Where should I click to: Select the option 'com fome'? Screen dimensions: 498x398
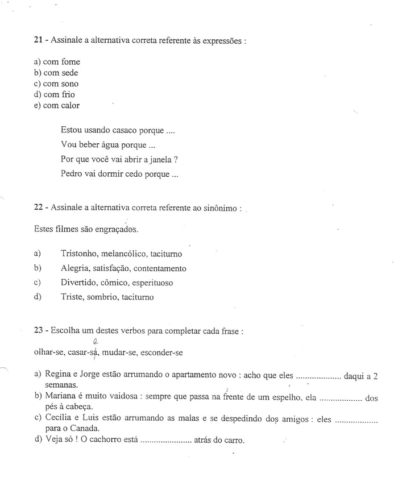(x=62, y=62)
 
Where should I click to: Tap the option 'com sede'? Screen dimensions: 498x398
(x=61, y=73)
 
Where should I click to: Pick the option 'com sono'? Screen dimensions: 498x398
(x=61, y=84)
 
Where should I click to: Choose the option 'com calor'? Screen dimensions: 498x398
(x=62, y=105)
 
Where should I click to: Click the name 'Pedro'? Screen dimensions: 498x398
(x=72, y=175)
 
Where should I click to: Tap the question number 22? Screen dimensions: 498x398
(x=39, y=209)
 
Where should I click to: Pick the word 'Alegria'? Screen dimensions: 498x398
(x=74, y=268)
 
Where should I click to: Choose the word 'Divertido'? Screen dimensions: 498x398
(x=78, y=283)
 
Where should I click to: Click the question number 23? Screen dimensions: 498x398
(x=39, y=331)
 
